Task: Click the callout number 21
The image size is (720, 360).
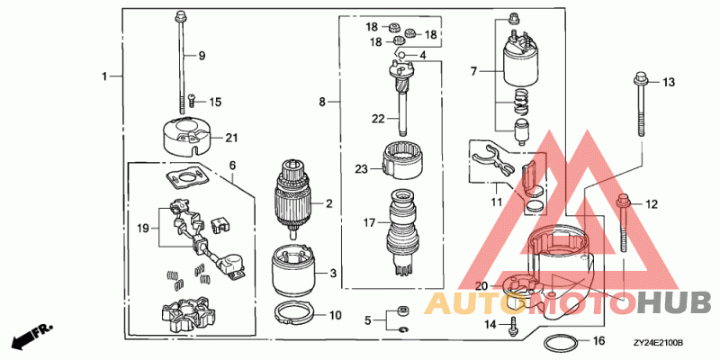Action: [x=231, y=138]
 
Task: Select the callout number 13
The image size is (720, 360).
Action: [x=669, y=83]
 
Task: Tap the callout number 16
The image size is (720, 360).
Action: [x=599, y=342]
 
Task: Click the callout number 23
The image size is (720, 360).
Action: [x=362, y=168]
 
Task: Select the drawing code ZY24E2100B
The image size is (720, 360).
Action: [x=658, y=343]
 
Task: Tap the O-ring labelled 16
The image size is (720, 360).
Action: [x=562, y=343]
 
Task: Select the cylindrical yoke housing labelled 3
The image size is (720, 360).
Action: [x=292, y=270]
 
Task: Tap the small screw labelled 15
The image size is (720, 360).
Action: [x=191, y=101]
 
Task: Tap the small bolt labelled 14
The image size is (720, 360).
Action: [x=513, y=325]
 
